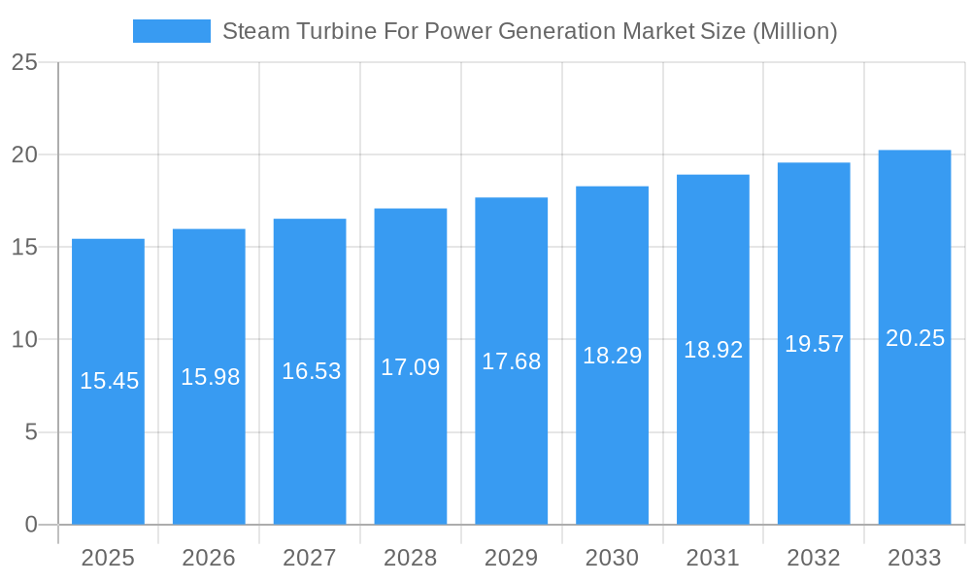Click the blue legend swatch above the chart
point(172,31)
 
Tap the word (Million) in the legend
point(794,31)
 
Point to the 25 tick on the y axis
point(24,63)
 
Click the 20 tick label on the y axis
point(24,155)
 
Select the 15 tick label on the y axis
point(24,248)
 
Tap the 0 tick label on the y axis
point(30,525)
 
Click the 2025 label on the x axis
point(108,558)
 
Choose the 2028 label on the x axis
point(411,558)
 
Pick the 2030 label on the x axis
point(612,558)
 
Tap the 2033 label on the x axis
point(915,558)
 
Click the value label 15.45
point(109,381)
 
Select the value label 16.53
point(311,371)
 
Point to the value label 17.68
point(512,361)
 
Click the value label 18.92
point(713,350)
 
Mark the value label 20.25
point(915,338)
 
